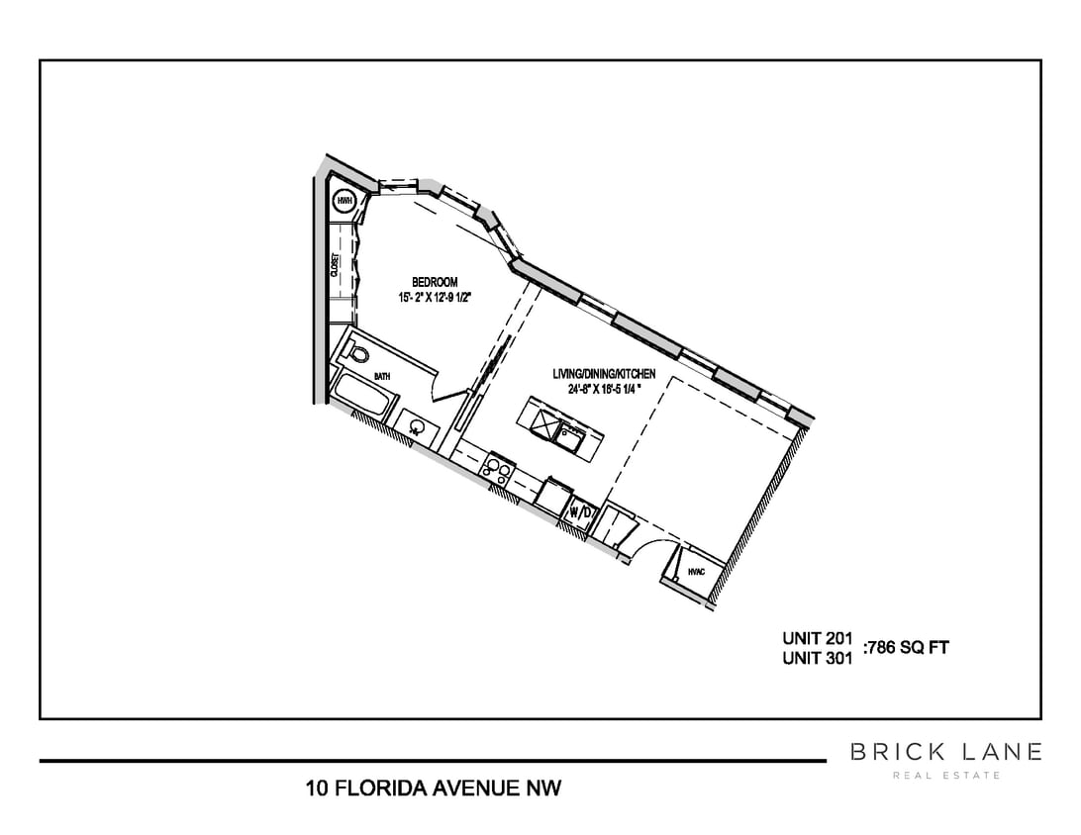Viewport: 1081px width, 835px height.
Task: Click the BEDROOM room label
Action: pos(435,282)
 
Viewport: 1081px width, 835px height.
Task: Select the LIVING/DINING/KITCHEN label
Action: pos(603,374)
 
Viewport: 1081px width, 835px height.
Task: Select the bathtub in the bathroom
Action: pos(362,396)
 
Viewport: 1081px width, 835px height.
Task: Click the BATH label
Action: pos(382,377)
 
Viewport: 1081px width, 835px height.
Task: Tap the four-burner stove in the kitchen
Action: pos(496,468)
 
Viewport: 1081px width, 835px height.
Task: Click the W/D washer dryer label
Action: pos(580,512)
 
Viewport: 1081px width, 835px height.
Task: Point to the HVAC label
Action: pos(695,571)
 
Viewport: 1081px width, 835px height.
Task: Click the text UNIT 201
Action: pos(817,638)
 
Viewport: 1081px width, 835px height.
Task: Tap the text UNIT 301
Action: pos(817,659)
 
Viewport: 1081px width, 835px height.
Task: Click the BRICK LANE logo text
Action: pos(945,753)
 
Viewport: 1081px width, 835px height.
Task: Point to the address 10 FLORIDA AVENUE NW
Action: pos(434,789)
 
